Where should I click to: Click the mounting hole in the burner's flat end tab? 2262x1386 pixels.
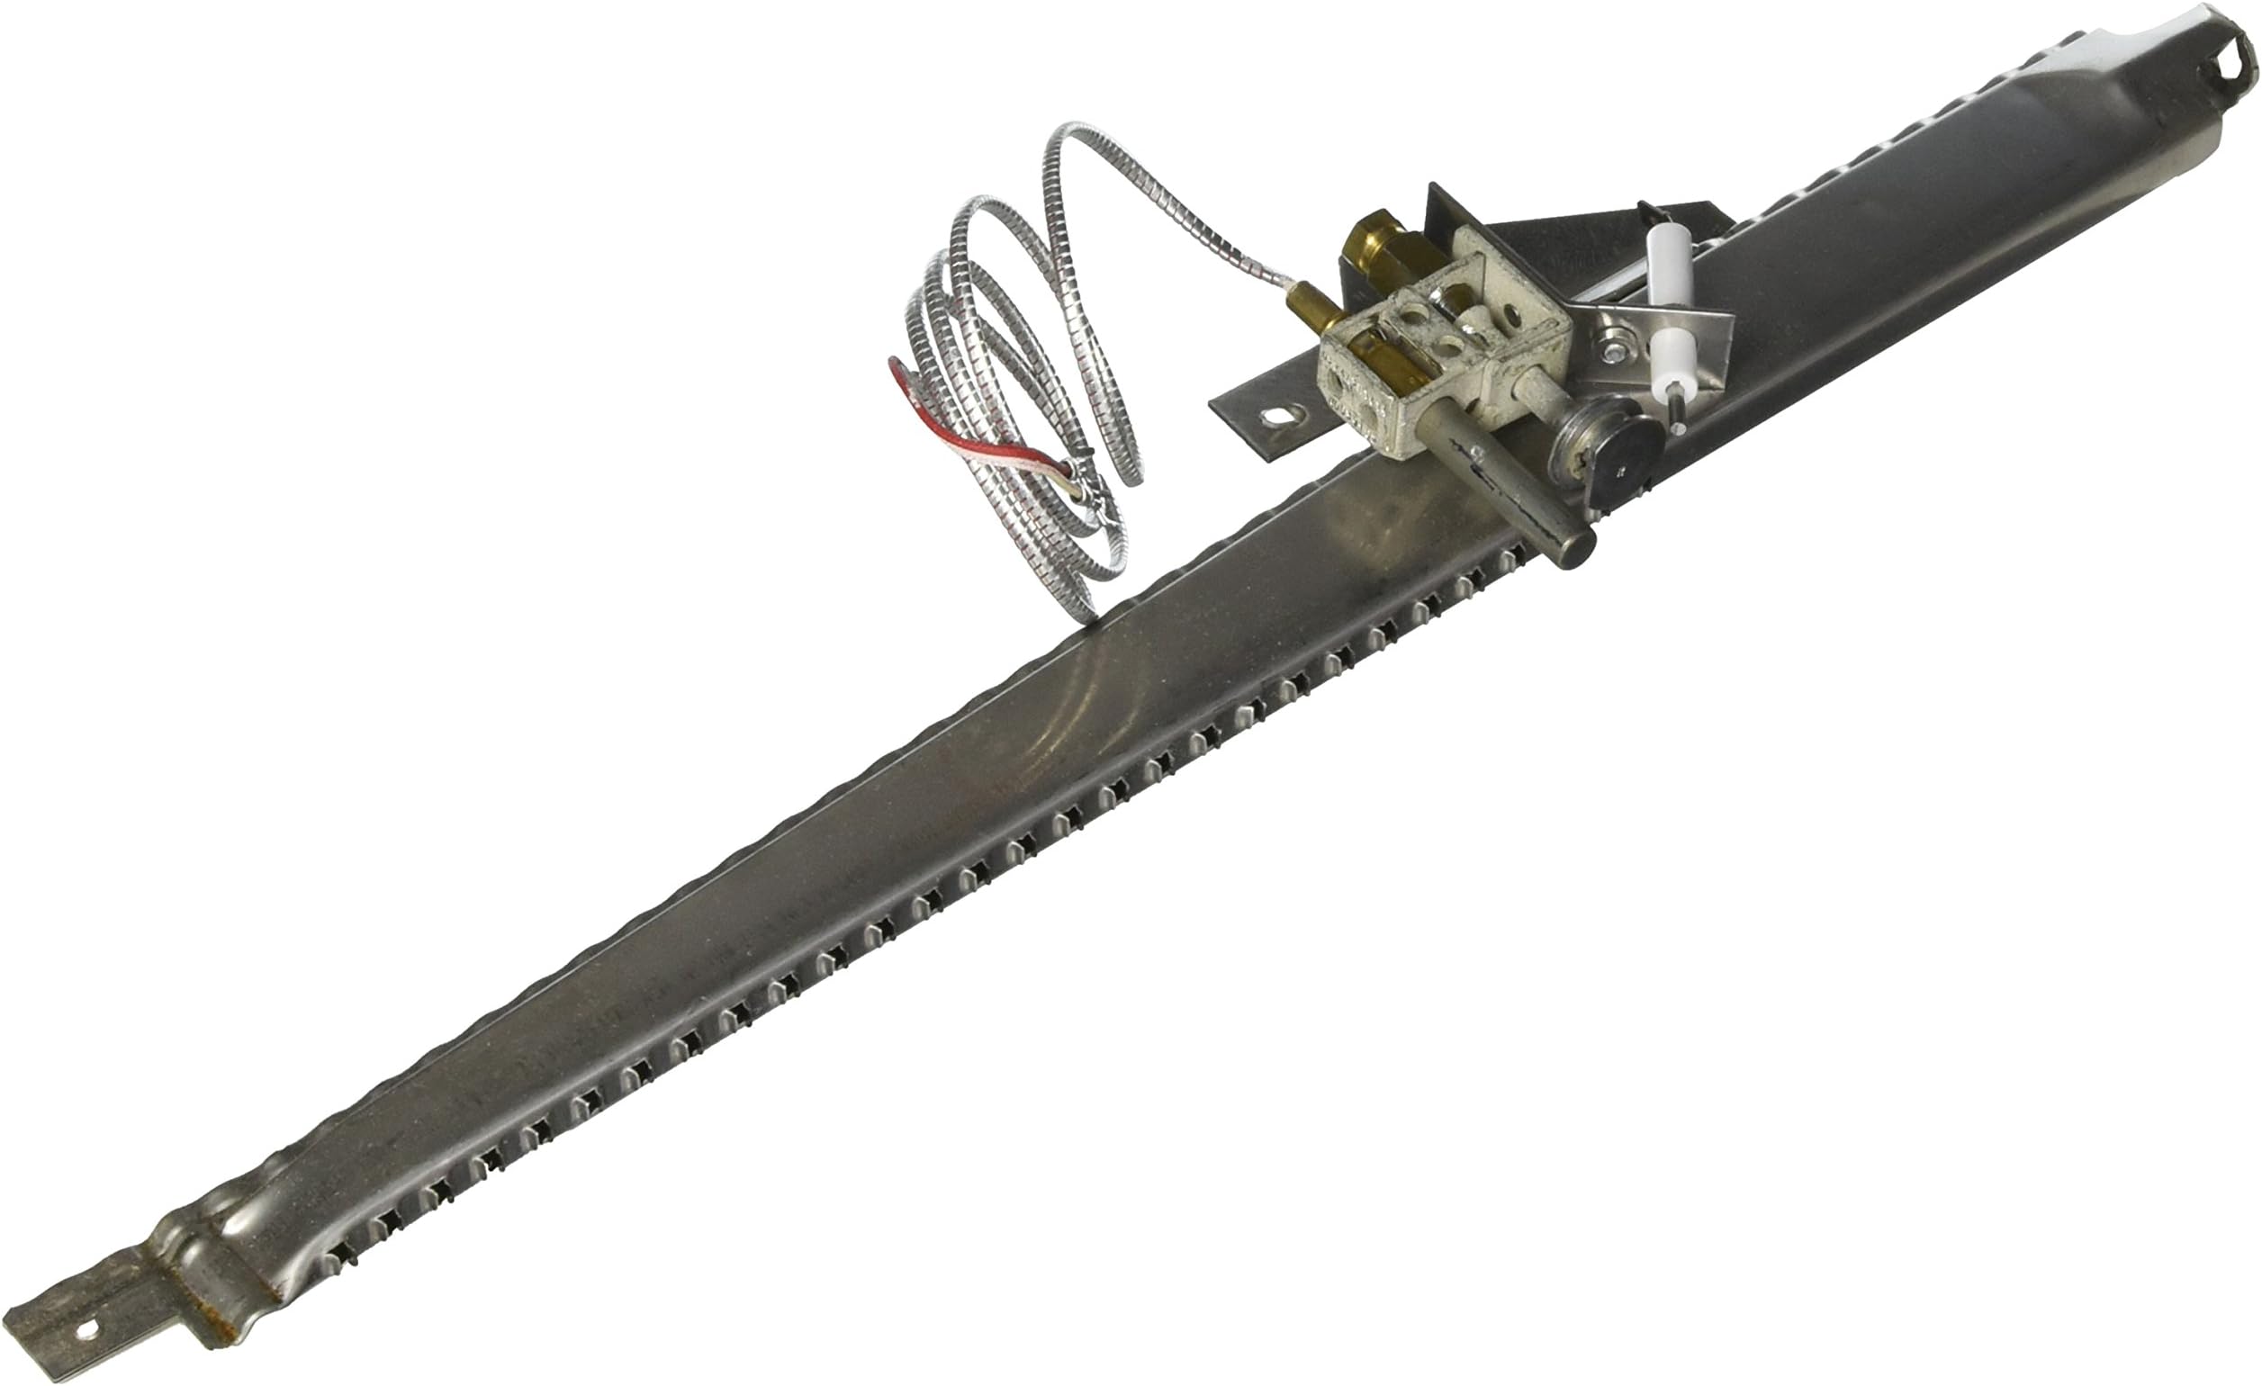pos(88,1329)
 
